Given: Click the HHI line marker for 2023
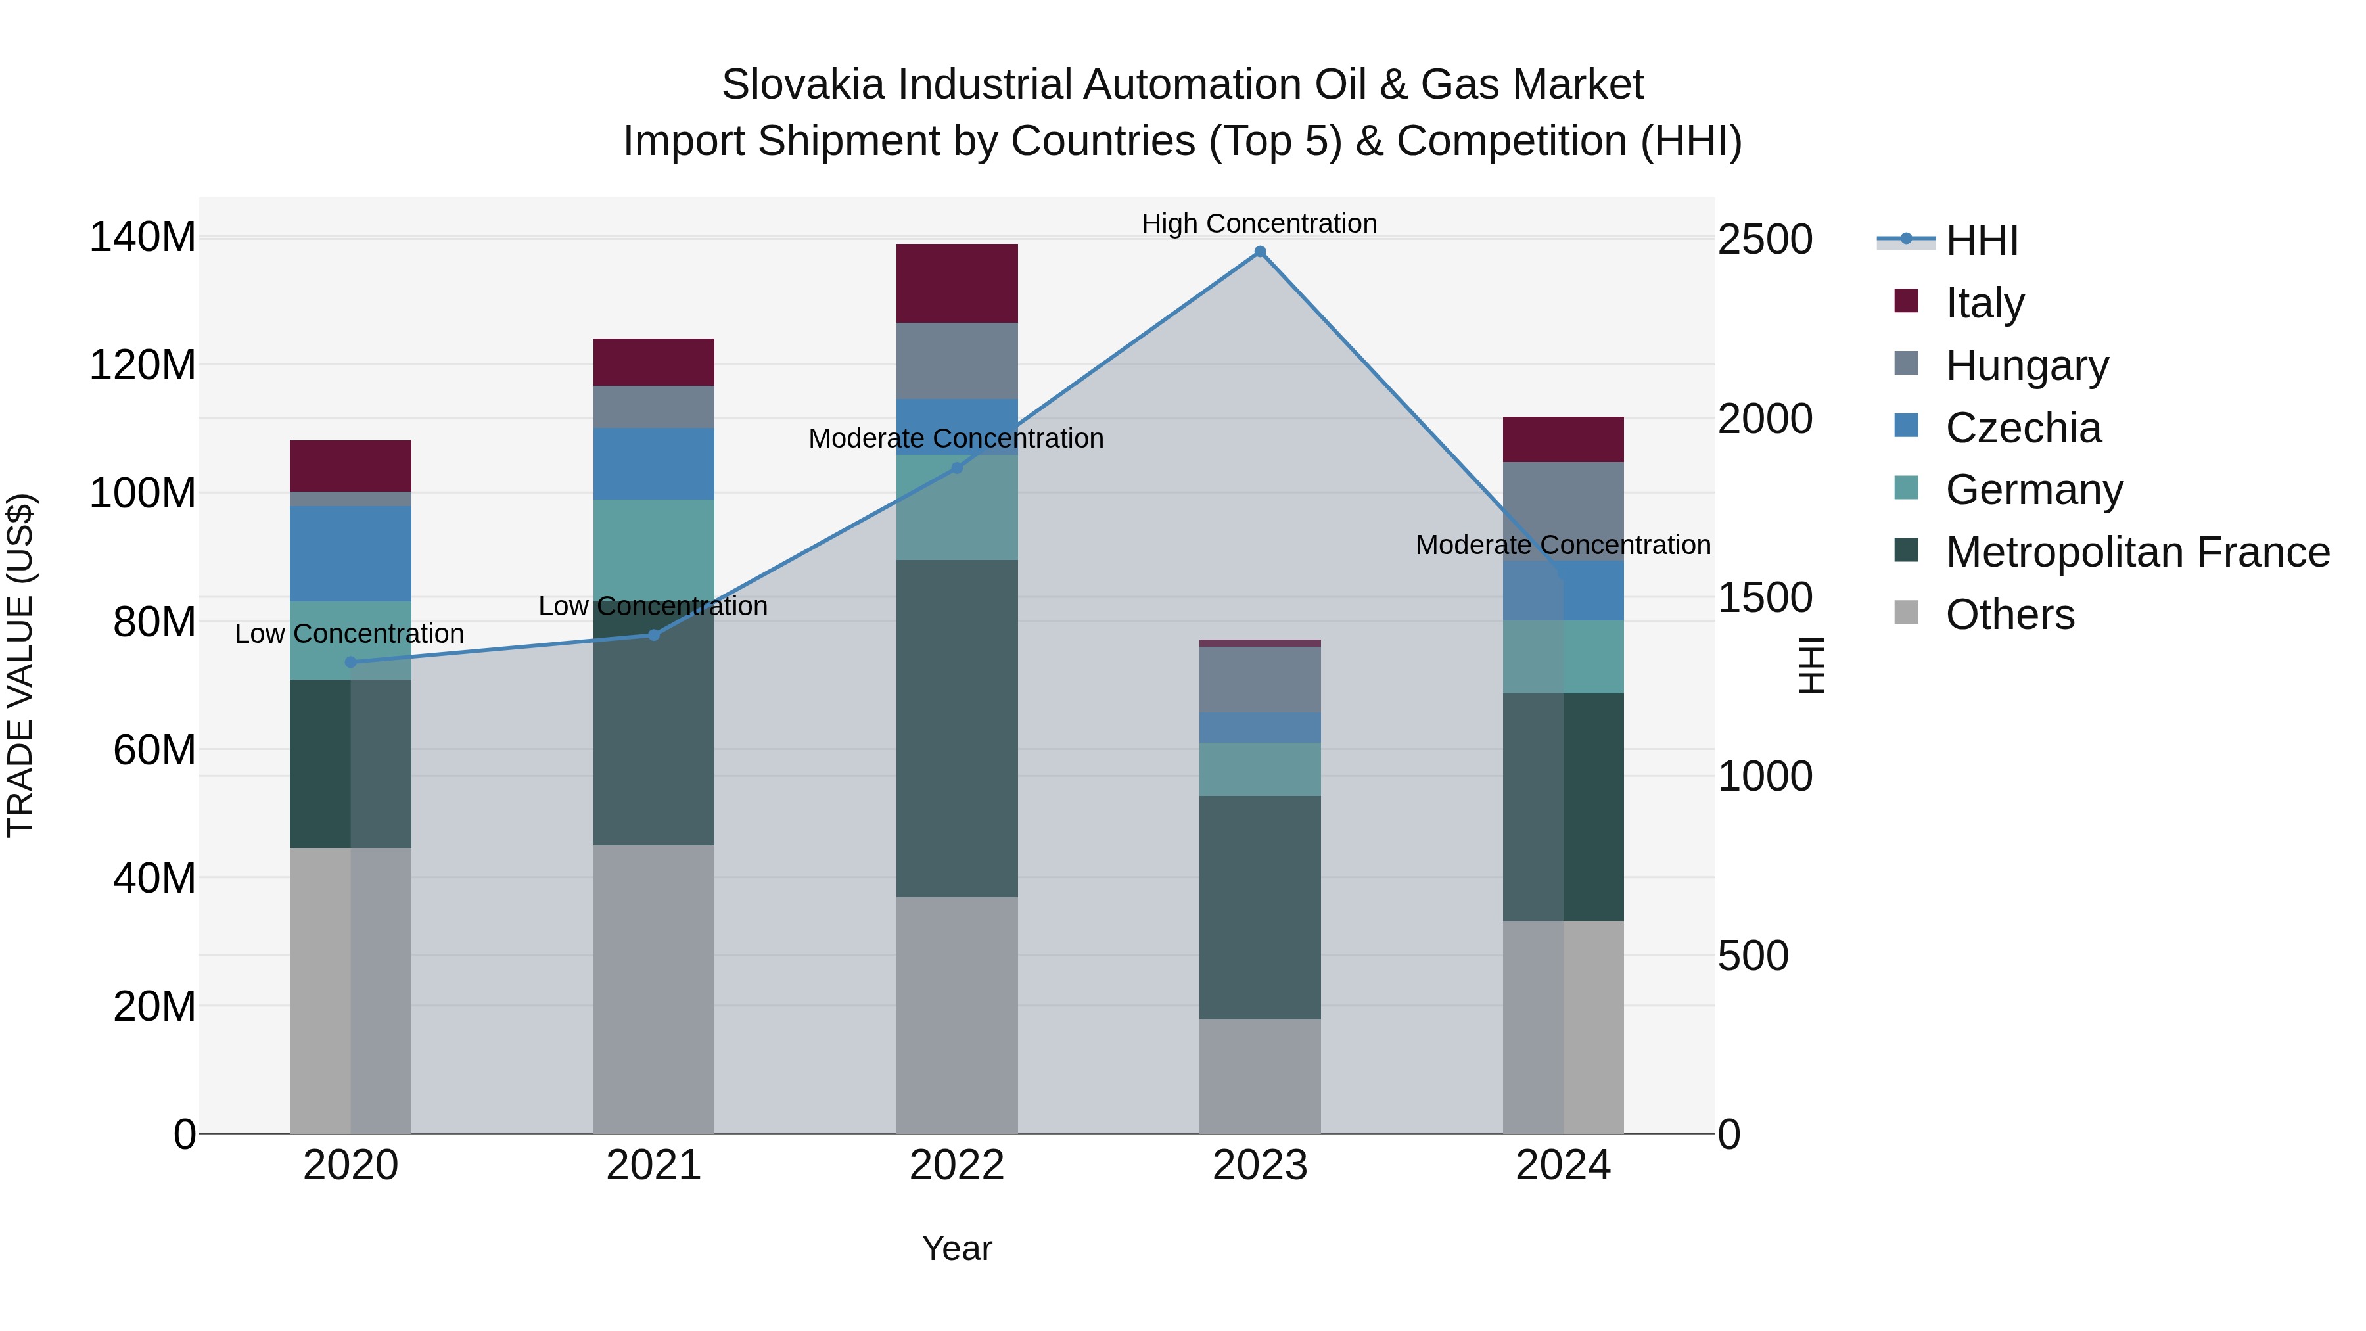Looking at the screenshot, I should pyautogui.click(x=1260, y=252).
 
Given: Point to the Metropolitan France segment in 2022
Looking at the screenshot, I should pyautogui.click(x=957, y=728).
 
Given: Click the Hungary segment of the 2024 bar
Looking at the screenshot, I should pyautogui.click(x=1564, y=511).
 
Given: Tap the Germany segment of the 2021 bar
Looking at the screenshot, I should pyautogui.click(x=654, y=548).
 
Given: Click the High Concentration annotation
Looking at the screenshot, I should pyautogui.click(x=1259, y=223).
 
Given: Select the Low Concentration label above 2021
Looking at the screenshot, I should pyautogui.click(x=653, y=606).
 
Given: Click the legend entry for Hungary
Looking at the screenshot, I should pyautogui.click(x=2026, y=365).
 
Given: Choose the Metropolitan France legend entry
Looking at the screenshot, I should pyautogui.click(x=2137, y=552).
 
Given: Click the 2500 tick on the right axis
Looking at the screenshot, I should pyautogui.click(x=1765, y=240).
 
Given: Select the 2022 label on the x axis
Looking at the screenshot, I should pyautogui.click(x=957, y=1165).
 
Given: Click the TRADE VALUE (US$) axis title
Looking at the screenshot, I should pyautogui.click(x=20, y=665).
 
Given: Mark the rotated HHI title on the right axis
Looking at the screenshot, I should pyautogui.click(x=1811, y=665).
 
